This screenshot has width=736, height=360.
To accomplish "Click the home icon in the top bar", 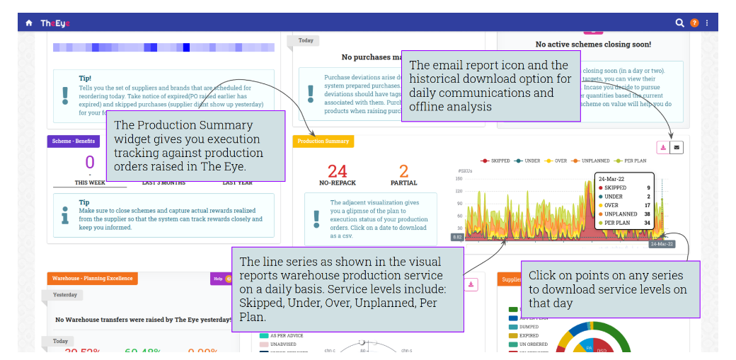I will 29,23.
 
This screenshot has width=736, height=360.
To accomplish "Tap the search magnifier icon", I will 679,23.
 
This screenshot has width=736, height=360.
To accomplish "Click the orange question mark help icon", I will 694,23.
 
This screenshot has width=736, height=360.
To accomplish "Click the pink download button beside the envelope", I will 663,147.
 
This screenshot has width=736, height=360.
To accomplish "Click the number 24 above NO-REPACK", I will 337,171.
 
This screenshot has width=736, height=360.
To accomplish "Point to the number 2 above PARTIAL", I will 404,171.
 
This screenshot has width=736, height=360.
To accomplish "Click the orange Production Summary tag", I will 323,141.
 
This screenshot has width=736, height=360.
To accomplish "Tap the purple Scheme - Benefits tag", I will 71,141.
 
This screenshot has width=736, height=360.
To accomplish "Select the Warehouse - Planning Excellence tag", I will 92,278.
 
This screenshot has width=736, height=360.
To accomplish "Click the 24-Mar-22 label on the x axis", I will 662,244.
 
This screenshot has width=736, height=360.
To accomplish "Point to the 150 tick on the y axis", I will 459,178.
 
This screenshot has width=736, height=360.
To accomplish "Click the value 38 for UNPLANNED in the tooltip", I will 647,214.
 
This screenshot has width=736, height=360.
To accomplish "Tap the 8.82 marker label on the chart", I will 457,237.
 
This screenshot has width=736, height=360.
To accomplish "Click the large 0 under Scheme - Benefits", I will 90,163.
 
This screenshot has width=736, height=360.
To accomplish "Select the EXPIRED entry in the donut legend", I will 528,335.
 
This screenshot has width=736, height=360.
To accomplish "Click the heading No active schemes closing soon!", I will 593,44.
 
